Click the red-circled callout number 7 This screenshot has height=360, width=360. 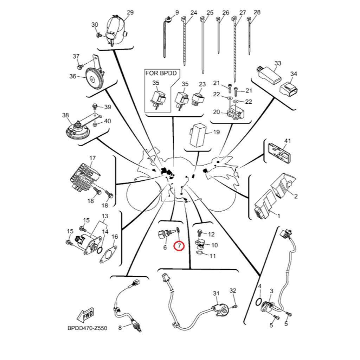pyautogui.click(x=179, y=245)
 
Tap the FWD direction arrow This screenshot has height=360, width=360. pyautogui.click(x=86, y=316)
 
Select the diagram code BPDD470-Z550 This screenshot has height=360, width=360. pyautogui.click(x=87, y=328)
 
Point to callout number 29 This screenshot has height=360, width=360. pyautogui.click(x=130, y=13)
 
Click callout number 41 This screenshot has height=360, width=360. pyautogui.click(x=288, y=141)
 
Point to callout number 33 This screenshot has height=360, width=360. pyautogui.click(x=278, y=64)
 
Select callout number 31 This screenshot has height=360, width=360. pyautogui.click(x=216, y=293)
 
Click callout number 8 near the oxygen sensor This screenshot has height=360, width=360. pyautogui.click(x=120, y=328)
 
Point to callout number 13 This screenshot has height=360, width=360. pyautogui.click(x=105, y=216)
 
